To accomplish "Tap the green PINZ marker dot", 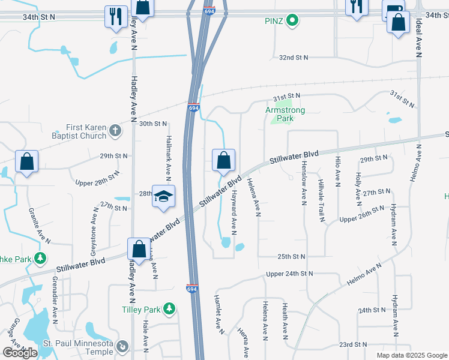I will click(x=292, y=21).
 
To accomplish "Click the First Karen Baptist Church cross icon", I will click(x=115, y=130).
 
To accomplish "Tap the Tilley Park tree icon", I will click(x=170, y=309).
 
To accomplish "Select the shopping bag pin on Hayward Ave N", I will click(x=223, y=160).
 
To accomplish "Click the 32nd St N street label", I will click(x=293, y=58).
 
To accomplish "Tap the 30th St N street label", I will click(x=152, y=124).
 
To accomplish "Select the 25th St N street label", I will click(x=292, y=256).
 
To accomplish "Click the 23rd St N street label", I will click(x=352, y=344).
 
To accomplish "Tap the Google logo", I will click(x=20, y=353).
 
